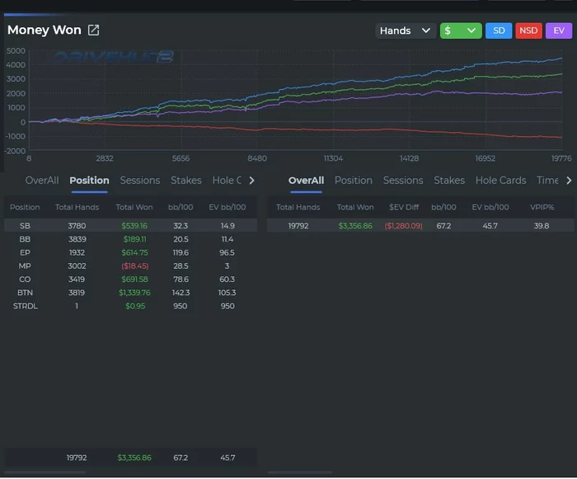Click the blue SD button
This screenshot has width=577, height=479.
point(498,31)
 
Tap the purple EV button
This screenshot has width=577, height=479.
point(559,31)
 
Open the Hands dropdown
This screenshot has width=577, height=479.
point(406,31)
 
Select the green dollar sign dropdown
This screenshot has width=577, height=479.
point(461,31)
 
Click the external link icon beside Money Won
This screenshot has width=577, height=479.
point(94,31)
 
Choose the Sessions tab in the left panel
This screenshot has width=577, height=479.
point(140,181)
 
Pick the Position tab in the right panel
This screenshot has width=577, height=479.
point(354,181)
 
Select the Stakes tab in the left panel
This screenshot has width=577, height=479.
point(186,181)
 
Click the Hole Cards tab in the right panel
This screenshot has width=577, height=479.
point(500,181)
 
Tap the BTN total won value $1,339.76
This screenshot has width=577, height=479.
point(134,293)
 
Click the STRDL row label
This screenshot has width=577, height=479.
point(26,306)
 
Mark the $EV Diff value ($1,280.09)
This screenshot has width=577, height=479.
point(403,226)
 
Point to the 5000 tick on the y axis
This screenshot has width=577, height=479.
point(16,50)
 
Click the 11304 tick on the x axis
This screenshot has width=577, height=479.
point(333,159)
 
